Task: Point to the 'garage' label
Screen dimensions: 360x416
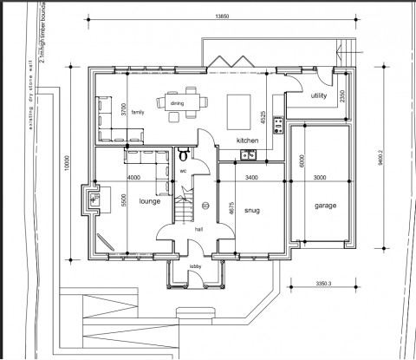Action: (x=325, y=206)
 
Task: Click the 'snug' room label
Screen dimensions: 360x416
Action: (x=251, y=210)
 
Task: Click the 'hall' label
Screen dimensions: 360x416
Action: (x=198, y=231)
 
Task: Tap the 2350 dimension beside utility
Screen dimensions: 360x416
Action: (x=343, y=94)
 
